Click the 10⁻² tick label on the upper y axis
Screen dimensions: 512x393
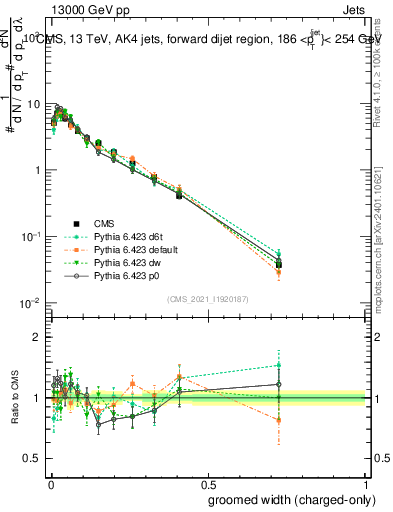(30, 303)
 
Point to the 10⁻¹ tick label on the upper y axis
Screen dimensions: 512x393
(30, 237)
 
